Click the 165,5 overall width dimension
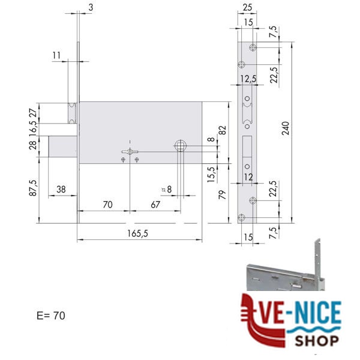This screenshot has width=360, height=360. pyautogui.click(x=138, y=233)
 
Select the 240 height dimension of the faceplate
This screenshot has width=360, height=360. pyautogui.click(x=286, y=128)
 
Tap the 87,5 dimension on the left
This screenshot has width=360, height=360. pyautogui.click(x=33, y=188)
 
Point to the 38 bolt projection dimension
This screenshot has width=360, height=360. pyautogui.click(x=61, y=190)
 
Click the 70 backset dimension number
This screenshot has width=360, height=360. pyautogui.click(x=107, y=205)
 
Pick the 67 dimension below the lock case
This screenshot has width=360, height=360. pyautogui.click(x=155, y=205)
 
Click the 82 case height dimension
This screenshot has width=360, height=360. pyautogui.click(x=223, y=130)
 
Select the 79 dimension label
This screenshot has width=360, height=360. pyautogui.click(x=223, y=194)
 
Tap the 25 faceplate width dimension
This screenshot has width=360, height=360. pyautogui.click(x=247, y=8)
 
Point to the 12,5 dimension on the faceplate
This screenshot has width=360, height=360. pyautogui.click(x=248, y=79)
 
